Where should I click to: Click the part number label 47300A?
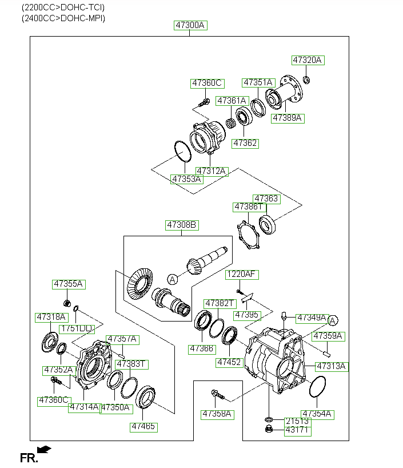190,25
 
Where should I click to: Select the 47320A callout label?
308,60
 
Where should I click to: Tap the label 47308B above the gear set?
182,225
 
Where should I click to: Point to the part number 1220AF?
242,274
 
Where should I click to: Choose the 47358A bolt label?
216,414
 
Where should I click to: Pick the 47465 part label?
143,427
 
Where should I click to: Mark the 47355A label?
68,284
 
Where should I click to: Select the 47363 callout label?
266,199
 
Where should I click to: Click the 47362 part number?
245,143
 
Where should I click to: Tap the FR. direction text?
29,458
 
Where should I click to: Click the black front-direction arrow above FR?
43,449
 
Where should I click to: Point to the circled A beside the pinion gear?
171,279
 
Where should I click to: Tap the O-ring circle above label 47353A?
182,153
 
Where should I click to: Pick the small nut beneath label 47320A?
306,79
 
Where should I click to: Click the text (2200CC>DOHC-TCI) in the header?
63,8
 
